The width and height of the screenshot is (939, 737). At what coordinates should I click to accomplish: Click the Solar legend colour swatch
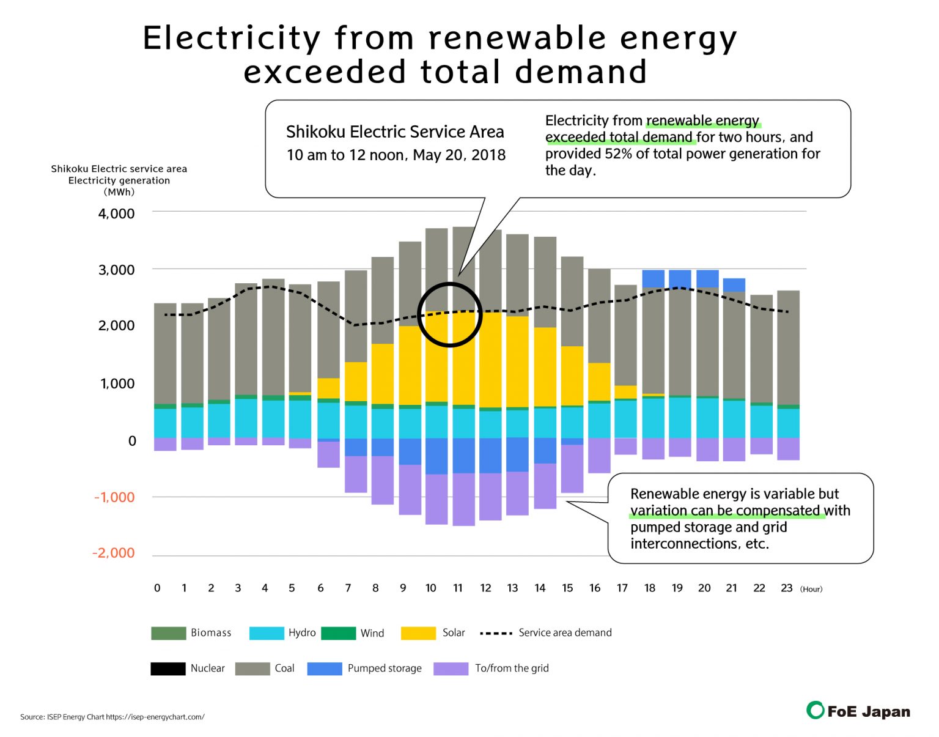(x=418, y=633)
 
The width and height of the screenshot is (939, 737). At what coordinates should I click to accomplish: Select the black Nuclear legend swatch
(x=168, y=668)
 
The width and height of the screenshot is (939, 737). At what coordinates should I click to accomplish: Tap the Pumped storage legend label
(x=384, y=668)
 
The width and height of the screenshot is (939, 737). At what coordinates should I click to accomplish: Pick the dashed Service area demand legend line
(x=496, y=633)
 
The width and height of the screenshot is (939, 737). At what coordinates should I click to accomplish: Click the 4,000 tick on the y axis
(x=116, y=214)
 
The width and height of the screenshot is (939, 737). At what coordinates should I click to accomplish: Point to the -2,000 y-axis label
(x=113, y=553)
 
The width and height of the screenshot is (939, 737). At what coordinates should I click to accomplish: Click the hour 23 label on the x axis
(x=786, y=588)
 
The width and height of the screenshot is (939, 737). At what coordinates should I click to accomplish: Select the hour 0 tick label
(x=157, y=588)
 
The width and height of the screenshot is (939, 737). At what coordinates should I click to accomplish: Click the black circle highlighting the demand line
(x=450, y=285)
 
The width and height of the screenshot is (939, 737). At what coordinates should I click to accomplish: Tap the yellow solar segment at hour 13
(x=517, y=361)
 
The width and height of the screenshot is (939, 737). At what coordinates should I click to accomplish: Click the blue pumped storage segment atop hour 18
(x=653, y=279)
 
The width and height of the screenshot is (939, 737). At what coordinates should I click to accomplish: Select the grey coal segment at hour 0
(x=165, y=354)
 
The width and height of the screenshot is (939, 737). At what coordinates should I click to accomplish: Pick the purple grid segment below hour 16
(x=599, y=455)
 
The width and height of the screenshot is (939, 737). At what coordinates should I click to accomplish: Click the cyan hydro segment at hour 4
(x=273, y=419)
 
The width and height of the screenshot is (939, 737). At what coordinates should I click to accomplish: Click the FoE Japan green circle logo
(x=815, y=710)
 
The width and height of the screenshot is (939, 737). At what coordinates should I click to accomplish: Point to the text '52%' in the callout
(x=618, y=154)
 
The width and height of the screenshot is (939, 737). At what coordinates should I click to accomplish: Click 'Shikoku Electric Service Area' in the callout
(x=395, y=132)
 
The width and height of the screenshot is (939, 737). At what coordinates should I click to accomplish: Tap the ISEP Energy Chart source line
(x=112, y=717)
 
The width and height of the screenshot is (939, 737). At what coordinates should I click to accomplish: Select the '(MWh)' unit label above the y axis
(x=119, y=192)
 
